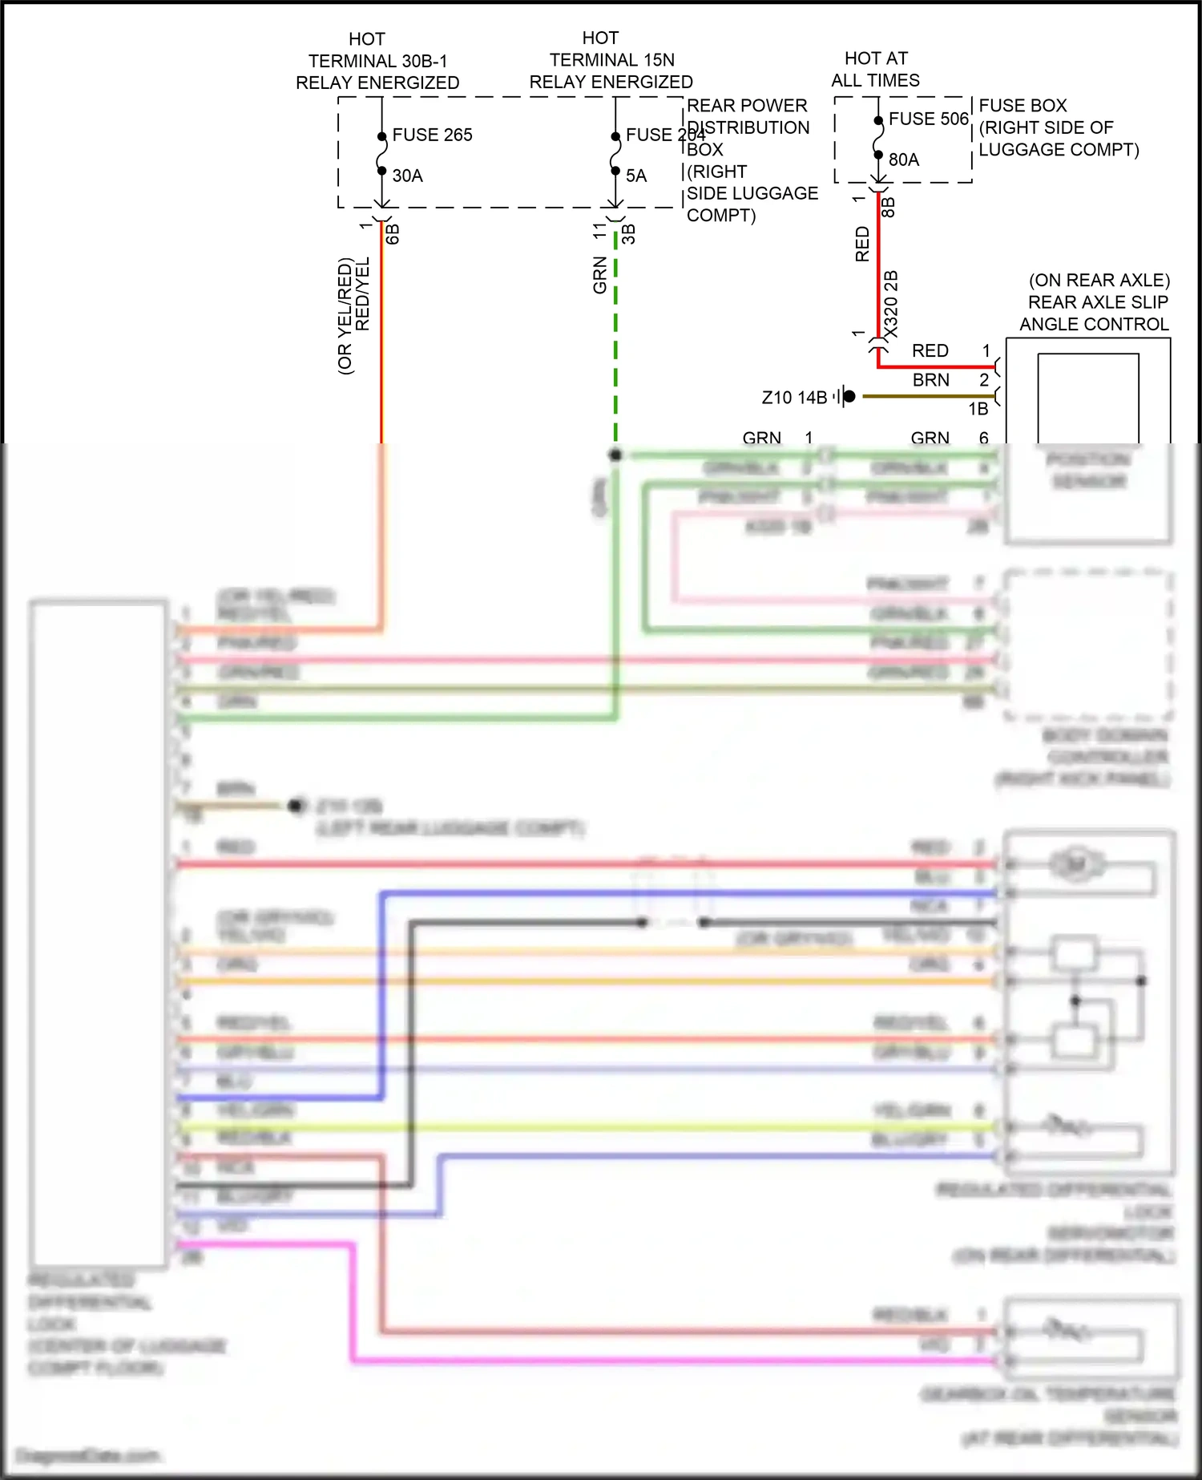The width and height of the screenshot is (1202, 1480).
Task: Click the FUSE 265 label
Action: [432, 135]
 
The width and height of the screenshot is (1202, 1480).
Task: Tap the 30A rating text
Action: [407, 176]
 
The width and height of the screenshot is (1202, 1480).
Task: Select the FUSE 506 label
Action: [928, 119]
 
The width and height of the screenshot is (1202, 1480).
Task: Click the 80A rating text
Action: [903, 160]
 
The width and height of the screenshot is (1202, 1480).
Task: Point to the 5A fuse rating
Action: [635, 176]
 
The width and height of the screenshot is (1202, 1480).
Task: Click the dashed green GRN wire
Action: [615, 337]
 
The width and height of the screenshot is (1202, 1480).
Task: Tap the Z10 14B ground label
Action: [793, 398]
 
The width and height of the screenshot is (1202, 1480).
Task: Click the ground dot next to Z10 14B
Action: [849, 396]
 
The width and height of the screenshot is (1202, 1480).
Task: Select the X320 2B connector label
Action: [890, 305]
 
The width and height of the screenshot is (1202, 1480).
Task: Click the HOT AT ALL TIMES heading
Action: [875, 69]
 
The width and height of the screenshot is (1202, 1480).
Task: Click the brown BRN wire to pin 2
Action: [930, 395]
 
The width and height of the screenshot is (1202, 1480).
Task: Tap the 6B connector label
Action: [393, 234]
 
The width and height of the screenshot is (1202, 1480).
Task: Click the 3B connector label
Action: [629, 234]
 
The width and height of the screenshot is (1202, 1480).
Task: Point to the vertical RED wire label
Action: [862, 244]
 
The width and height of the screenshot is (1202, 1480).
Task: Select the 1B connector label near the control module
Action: [978, 409]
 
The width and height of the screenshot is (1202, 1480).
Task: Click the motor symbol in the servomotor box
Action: [1075, 864]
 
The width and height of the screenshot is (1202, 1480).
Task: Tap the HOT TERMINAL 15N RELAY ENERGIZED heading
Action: [611, 60]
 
